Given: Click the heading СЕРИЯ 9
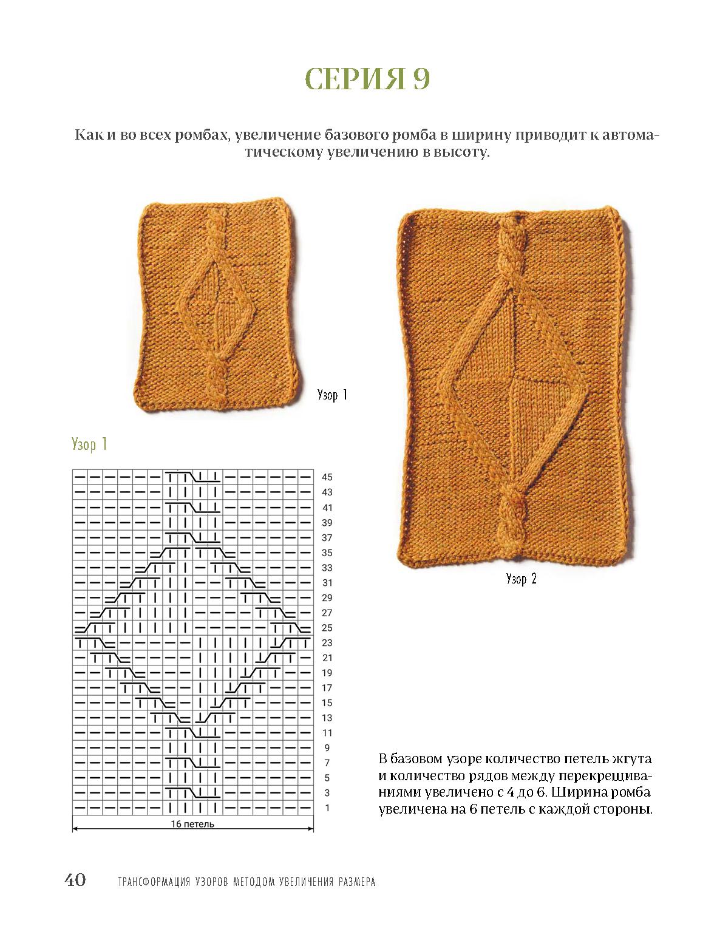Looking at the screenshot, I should pyautogui.click(x=367, y=79).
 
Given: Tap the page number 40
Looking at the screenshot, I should pyautogui.click(x=75, y=880).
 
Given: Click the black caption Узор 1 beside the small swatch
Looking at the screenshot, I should pyautogui.click(x=332, y=395).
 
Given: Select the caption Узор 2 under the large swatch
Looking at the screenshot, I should pyautogui.click(x=521, y=579).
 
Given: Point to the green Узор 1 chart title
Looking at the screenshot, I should pyautogui.click(x=89, y=444).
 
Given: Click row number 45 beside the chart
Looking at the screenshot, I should pyautogui.click(x=327, y=477).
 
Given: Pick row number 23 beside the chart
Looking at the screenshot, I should pyautogui.click(x=327, y=643).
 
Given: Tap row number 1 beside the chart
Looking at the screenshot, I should pyautogui.click(x=327, y=808).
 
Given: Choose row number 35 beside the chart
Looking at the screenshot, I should pyautogui.click(x=327, y=553).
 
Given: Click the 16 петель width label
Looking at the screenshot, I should pyautogui.click(x=192, y=824).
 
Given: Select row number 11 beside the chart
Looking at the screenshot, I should pyautogui.click(x=327, y=733).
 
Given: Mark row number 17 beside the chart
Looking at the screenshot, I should pyautogui.click(x=327, y=688).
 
